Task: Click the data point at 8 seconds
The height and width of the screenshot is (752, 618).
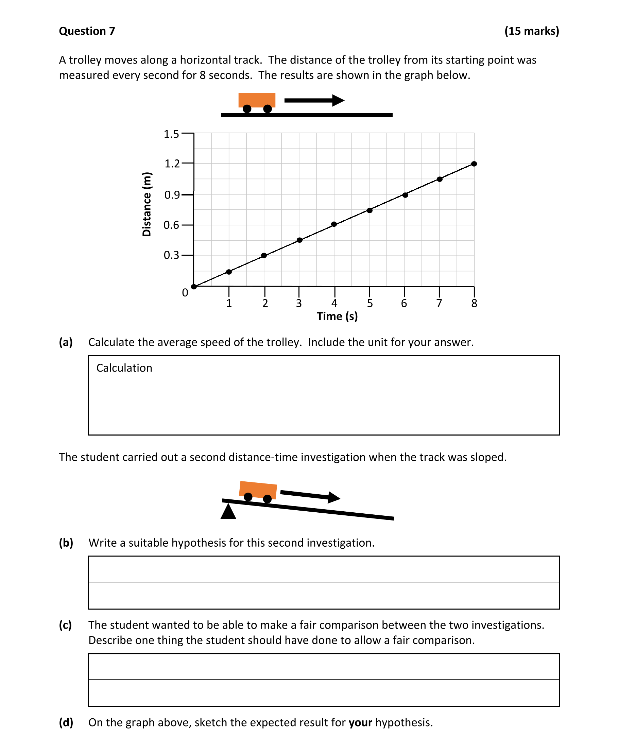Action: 474,164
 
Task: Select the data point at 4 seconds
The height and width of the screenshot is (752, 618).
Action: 334,224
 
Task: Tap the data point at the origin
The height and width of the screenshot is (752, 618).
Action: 194,287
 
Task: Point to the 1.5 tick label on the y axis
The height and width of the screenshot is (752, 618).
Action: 171,134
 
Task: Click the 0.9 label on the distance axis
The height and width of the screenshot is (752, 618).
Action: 172,195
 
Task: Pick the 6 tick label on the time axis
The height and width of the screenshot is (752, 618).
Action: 404,303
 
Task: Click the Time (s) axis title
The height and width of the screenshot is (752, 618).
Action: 337,316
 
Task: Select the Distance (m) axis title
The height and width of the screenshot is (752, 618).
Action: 147,204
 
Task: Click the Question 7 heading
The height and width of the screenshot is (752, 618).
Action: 87,31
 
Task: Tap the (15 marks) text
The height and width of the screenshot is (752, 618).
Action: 532,31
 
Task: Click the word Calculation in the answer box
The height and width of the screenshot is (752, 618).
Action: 124,368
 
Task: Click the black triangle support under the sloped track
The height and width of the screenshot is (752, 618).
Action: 228,512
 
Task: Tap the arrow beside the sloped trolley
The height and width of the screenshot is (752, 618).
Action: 310,496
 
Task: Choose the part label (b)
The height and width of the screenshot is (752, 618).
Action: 66,543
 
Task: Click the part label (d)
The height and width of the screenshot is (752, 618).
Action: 66,722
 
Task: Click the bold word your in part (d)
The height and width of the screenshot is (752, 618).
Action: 360,722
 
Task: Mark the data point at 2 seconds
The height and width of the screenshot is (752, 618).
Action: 264,255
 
